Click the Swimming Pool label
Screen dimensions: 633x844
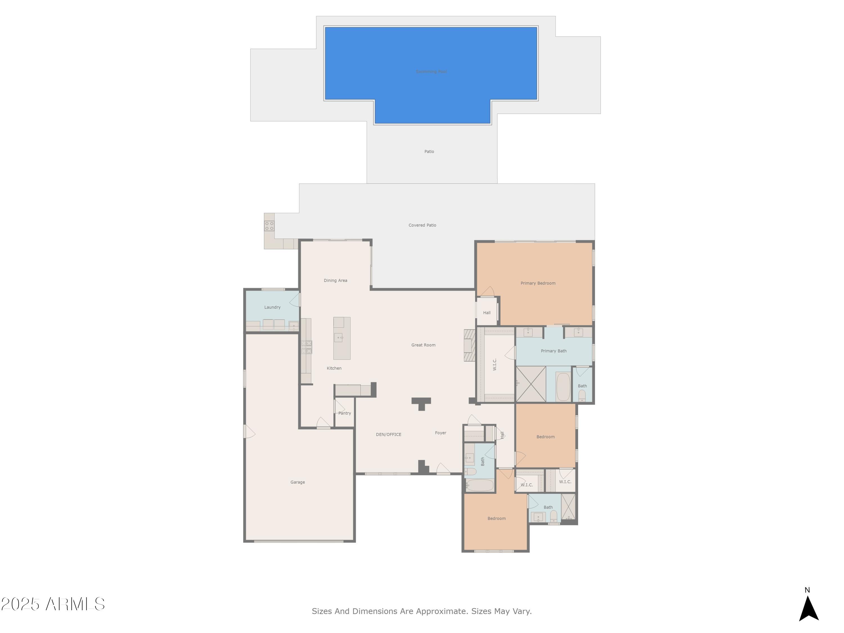pyautogui.click(x=431, y=72)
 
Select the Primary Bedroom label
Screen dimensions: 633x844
pyautogui.click(x=538, y=283)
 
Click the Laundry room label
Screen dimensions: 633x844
pyautogui.click(x=272, y=307)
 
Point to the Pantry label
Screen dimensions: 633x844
pyautogui.click(x=345, y=413)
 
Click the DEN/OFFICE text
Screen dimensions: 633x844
pyautogui.click(x=389, y=434)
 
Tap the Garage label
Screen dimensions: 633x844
pyautogui.click(x=297, y=482)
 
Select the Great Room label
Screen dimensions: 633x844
pyautogui.click(x=423, y=345)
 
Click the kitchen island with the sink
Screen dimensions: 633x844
pyautogui.click(x=342, y=338)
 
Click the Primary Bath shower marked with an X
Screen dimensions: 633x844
pyautogui.click(x=531, y=384)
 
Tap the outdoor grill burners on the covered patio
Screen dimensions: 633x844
pyautogui.click(x=269, y=226)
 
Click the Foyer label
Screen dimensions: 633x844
pyautogui.click(x=440, y=433)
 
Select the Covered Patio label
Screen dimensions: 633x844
pyautogui.click(x=422, y=225)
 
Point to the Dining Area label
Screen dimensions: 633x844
pyautogui.click(x=335, y=280)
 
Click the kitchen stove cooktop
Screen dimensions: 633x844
pyautogui.click(x=306, y=347)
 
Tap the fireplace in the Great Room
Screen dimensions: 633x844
pyautogui.click(x=469, y=345)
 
